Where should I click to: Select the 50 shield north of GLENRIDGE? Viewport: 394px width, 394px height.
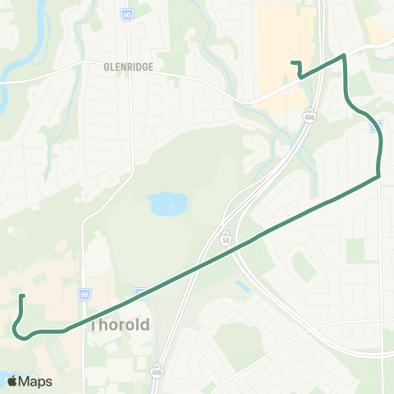point(127,15)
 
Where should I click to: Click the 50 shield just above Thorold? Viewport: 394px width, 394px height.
point(85,294)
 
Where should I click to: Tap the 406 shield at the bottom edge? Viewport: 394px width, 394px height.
point(157,369)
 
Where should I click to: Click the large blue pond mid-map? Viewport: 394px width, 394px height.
point(167,202)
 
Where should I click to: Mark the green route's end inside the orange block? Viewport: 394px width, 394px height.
point(292,62)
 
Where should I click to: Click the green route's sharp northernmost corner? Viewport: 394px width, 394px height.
point(345,55)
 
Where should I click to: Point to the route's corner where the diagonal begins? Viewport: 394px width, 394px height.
point(378,176)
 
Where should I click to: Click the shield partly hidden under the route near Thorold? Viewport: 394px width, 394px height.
point(141,291)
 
